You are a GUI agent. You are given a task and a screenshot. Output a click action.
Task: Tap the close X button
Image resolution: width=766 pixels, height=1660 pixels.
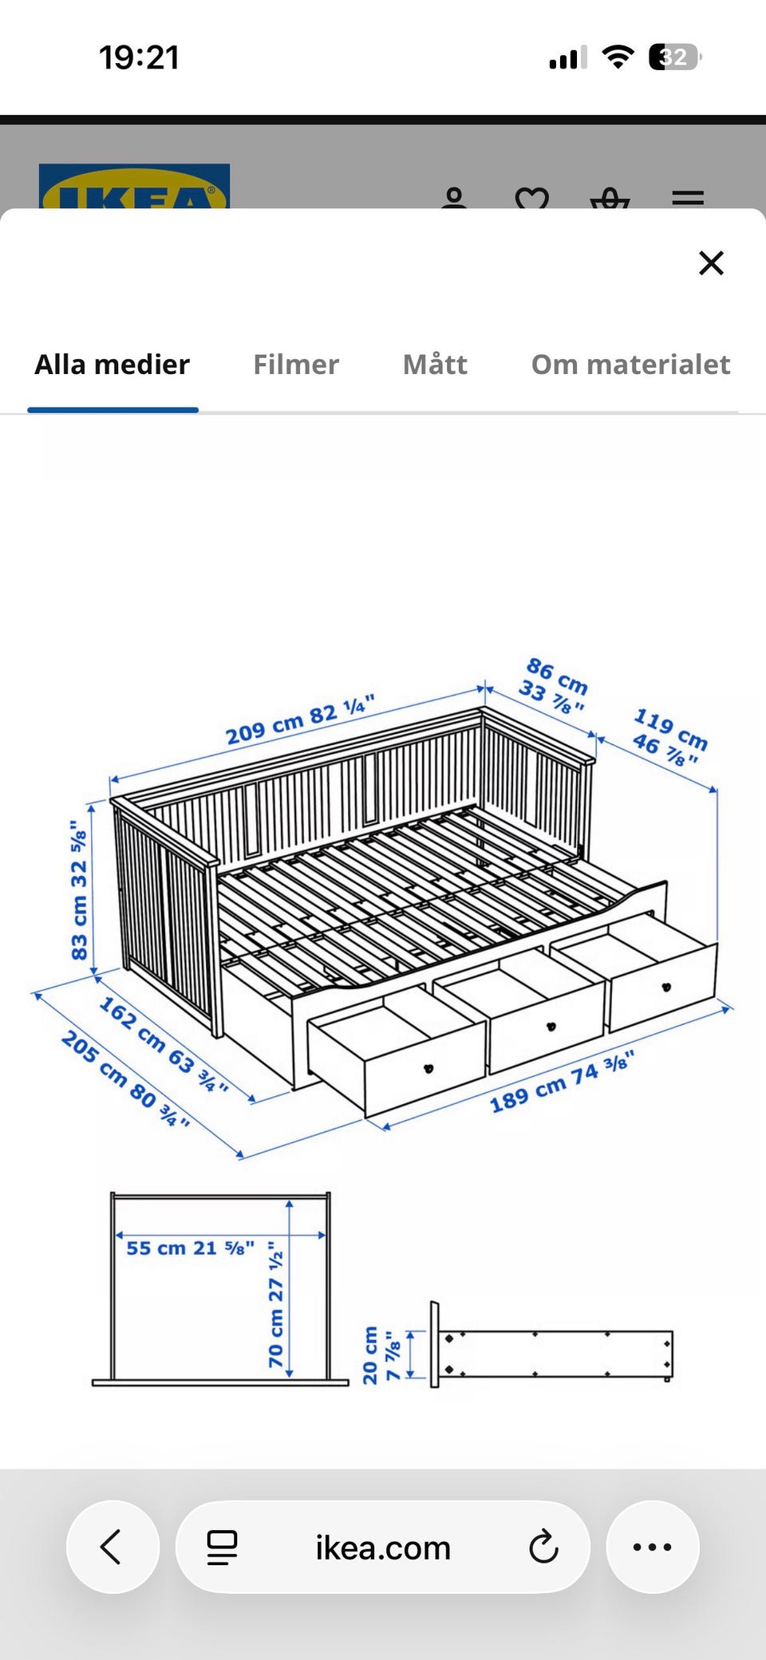[x=711, y=262]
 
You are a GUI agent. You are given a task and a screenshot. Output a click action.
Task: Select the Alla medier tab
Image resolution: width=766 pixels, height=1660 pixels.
[x=113, y=365]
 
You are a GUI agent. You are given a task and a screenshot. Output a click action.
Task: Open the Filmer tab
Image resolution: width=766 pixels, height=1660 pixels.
[x=296, y=365]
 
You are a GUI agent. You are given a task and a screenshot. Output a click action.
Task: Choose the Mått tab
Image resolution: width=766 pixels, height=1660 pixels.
[x=435, y=365]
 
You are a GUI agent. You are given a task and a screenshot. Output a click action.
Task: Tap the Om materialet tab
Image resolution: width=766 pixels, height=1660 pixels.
[x=631, y=365]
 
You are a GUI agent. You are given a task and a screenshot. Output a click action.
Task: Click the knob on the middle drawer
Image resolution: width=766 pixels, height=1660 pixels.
[x=551, y=1026]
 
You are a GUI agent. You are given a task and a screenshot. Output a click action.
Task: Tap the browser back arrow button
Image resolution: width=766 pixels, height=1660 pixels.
[x=112, y=1547]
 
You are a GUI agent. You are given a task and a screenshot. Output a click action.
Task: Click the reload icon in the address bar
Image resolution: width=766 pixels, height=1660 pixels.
[x=543, y=1547]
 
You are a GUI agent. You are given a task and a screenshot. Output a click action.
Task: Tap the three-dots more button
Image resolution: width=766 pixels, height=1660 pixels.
[x=652, y=1547]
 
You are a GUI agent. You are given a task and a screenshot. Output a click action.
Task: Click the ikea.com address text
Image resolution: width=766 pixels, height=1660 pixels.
[x=383, y=1548]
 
